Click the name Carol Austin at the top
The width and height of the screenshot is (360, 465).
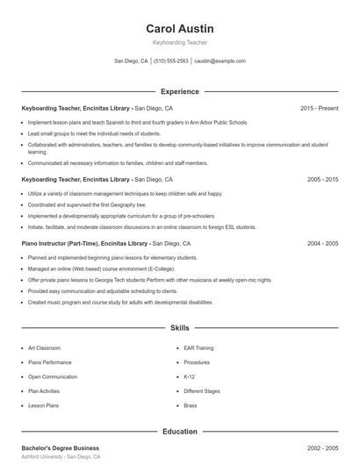pyautogui.click(x=180, y=28)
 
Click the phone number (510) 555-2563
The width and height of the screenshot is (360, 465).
pyautogui.click(x=171, y=61)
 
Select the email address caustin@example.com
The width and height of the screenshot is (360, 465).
pyautogui.click(x=220, y=61)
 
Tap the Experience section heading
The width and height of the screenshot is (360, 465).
pyautogui.click(x=180, y=91)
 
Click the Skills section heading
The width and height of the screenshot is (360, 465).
pyautogui.click(x=180, y=328)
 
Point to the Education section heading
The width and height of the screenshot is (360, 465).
pyautogui.click(x=180, y=432)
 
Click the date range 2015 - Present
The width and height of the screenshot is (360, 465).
pyautogui.click(x=319, y=108)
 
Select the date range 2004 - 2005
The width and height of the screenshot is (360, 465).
pyautogui.click(x=322, y=243)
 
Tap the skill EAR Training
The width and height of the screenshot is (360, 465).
pyautogui.click(x=198, y=348)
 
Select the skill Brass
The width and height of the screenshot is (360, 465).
pyautogui.click(x=191, y=406)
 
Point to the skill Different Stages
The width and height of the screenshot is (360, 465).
pyautogui.click(x=201, y=391)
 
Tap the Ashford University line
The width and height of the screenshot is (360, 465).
pyautogui.click(x=61, y=458)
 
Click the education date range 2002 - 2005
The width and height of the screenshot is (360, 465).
pyautogui.click(x=322, y=448)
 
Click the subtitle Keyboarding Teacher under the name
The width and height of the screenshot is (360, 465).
pyautogui.click(x=180, y=42)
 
